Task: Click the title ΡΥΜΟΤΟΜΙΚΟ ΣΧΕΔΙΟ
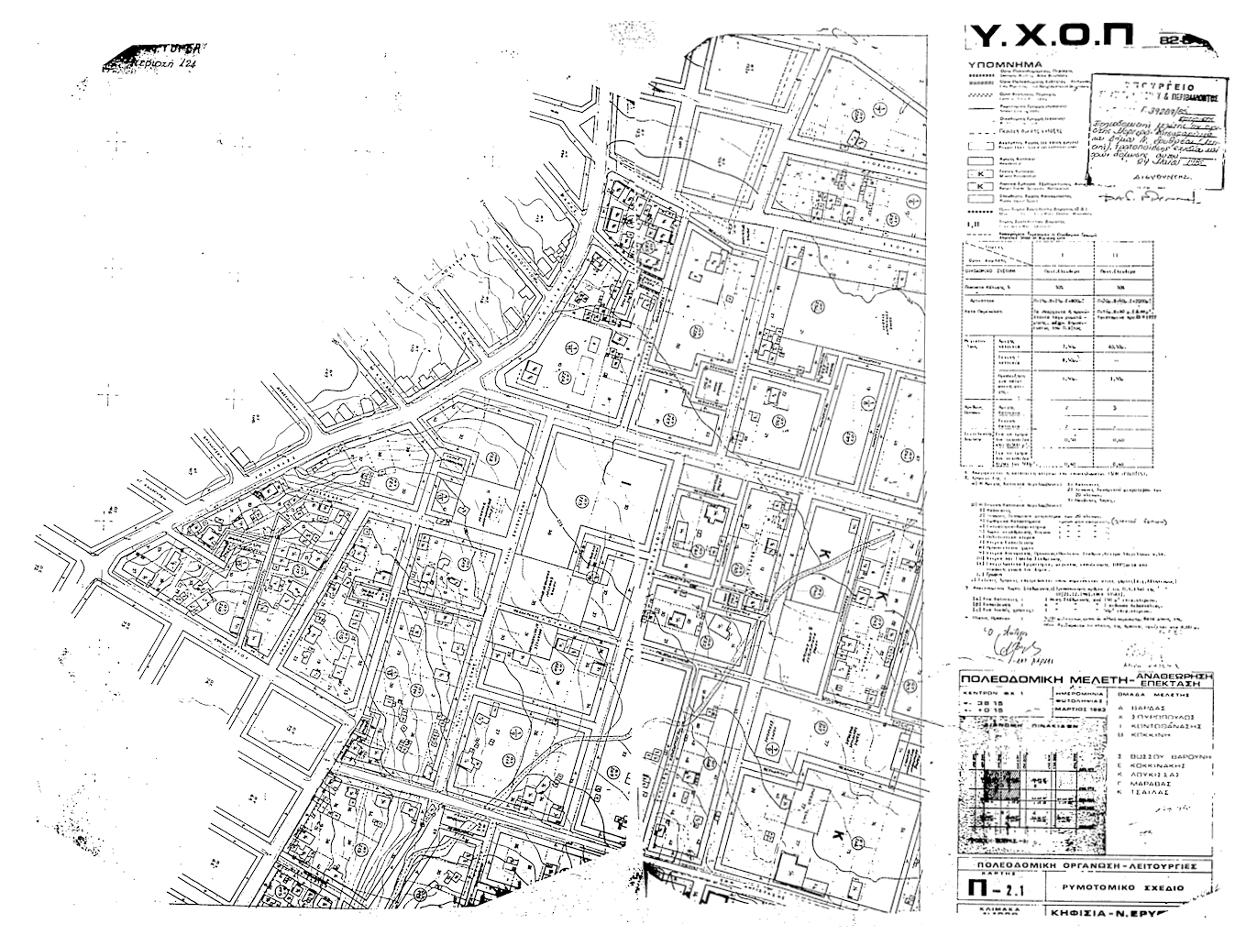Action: point(1122,888)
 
